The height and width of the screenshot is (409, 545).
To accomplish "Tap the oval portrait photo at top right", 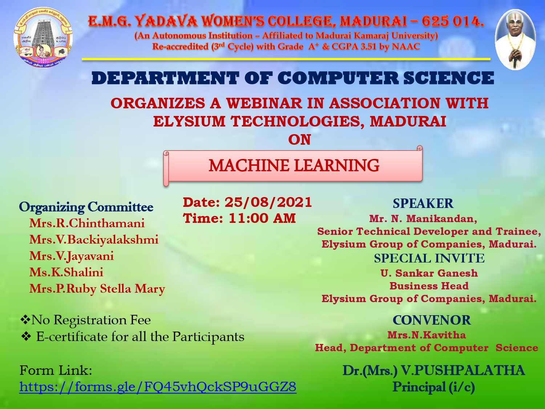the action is pyautogui.click(x=515, y=40).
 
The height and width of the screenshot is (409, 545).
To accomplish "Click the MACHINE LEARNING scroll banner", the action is pyautogui.click(x=293, y=166).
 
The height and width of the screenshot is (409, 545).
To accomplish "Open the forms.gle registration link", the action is pyautogui.click(x=158, y=387).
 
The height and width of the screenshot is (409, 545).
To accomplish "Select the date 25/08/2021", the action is pyautogui.click(x=268, y=202).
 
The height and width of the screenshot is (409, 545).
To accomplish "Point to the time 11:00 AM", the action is pyautogui.click(x=262, y=218).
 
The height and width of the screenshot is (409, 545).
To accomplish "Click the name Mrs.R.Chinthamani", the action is pyautogui.click(x=87, y=223).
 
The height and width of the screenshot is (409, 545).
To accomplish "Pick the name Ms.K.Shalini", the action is pyautogui.click(x=66, y=272).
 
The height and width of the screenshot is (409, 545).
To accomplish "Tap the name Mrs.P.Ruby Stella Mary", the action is pyautogui.click(x=97, y=289).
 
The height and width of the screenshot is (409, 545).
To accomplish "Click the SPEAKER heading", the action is pyautogui.click(x=423, y=203).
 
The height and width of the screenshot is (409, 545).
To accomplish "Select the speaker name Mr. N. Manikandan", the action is pyautogui.click(x=423, y=218).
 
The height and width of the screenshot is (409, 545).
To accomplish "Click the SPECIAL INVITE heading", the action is pyautogui.click(x=429, y=258).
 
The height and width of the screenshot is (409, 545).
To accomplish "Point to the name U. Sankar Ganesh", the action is pyautogui.click(x=429, y=273).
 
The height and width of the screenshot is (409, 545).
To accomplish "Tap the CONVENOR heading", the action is pyautogui.click(x=432, y=320).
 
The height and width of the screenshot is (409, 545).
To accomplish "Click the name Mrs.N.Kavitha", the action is pyautogui.click(x=427, y=335).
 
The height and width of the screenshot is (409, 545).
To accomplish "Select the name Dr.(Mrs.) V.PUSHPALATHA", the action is pyautogui.click(x=434, y=370).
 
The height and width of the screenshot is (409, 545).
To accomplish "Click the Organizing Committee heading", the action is pyautogui.click(x=86, y=207).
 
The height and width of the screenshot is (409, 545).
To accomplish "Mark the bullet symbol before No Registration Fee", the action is pyautogui.click(x=25, y=320).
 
